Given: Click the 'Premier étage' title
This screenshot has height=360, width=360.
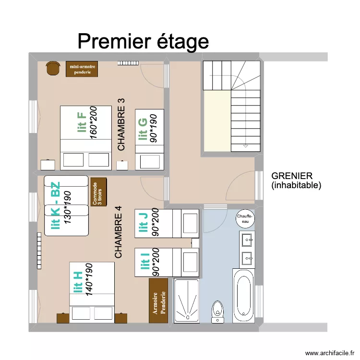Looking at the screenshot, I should (x=143, y=42).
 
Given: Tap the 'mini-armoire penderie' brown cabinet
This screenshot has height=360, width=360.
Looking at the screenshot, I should (x=82, y=69).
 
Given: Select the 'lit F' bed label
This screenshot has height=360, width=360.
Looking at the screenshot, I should (x=82, y=122).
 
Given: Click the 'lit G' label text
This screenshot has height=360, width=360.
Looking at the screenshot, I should (x=143, y=130).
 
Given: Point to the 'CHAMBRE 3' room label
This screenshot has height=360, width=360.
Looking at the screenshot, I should (x=121, y=125).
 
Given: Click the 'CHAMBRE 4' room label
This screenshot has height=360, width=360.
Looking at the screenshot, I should (x=119, y=232).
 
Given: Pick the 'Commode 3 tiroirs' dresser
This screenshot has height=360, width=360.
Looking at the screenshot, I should (x=97, y=192).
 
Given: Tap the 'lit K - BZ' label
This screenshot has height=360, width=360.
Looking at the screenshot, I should (x=55, y=205).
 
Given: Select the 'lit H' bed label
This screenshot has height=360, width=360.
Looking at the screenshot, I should (x=77, y=282).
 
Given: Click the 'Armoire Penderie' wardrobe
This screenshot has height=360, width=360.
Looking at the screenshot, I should (x=158, y=300).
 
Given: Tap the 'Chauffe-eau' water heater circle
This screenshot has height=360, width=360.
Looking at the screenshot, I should (x=245, y=219).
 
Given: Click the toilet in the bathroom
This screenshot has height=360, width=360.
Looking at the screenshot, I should (x=218, y=310).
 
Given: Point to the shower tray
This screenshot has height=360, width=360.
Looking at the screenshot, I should (x=186, y=300).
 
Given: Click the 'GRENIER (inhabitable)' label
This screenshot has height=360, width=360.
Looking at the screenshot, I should (x=296, y=180).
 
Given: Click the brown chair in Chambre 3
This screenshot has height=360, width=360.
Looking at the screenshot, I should (x=52, y=69).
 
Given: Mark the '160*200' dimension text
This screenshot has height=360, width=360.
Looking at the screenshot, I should (x=93, y=122).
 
